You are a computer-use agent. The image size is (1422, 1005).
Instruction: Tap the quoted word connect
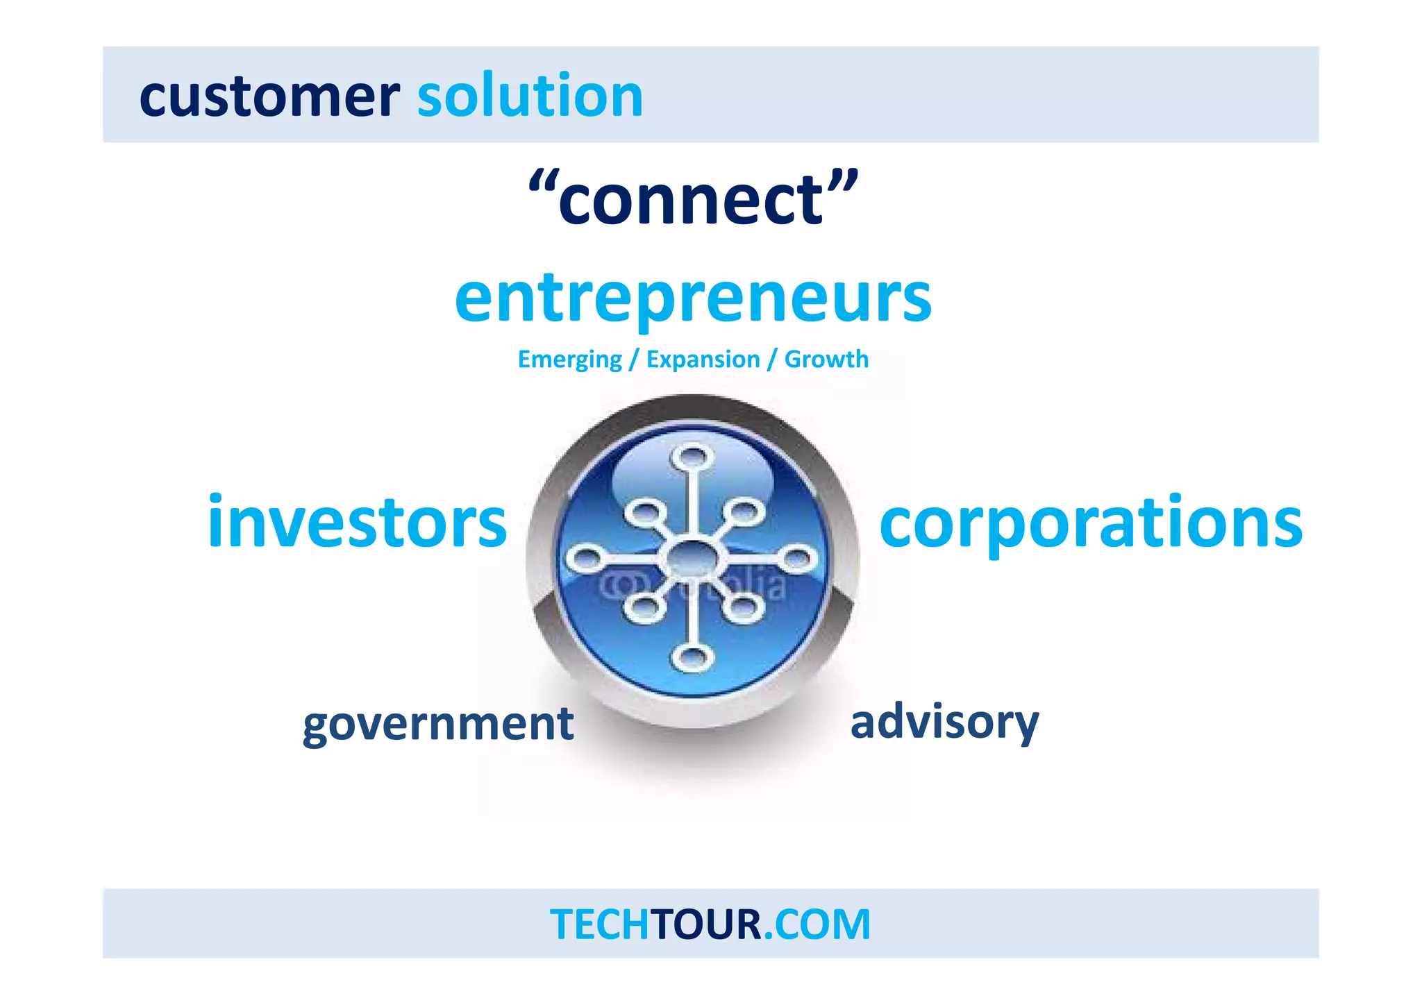coord(693,200)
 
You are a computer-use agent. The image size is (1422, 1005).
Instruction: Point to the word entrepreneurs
coord(693,298)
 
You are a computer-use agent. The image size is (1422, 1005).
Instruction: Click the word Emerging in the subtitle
coord(569,360)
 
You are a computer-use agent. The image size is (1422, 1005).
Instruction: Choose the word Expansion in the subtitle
coord(703,360)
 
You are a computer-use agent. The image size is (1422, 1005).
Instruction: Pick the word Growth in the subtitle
coord(826,360)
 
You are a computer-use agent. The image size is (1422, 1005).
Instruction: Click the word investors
coord(357,522)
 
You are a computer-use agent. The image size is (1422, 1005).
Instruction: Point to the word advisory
coord(944,723)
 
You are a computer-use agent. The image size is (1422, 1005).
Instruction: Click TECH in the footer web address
coord(599,924)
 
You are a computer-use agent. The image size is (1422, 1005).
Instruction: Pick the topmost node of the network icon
coord(692,458)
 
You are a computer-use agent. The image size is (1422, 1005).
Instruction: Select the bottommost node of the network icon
coord(692,657)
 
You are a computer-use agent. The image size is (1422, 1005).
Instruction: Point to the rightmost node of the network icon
coord(798,557)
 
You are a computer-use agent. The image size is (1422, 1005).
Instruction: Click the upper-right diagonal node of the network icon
coord(746,512)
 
